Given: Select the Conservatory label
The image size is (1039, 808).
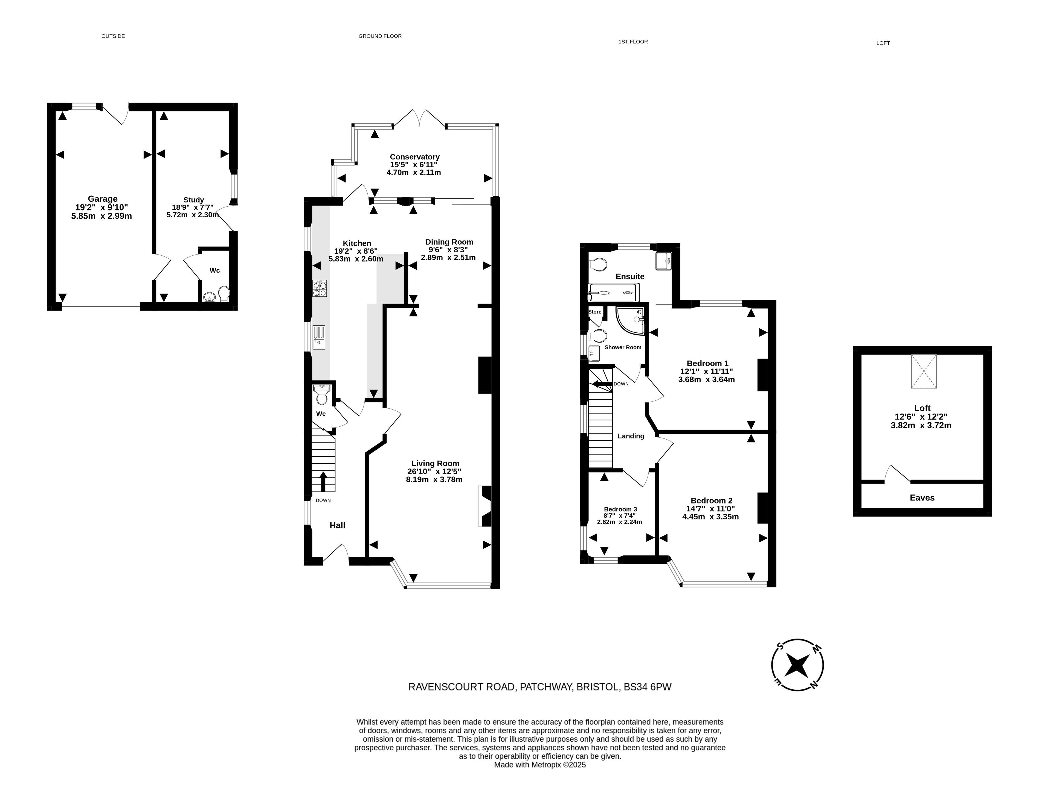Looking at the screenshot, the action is (414, 157).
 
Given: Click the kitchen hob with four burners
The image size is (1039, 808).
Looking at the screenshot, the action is (320, 288).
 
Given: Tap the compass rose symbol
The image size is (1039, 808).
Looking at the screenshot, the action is (797, 664).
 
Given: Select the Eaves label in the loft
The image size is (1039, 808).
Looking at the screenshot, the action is (922, 498).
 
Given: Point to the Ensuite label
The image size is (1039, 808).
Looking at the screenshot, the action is (630, 277).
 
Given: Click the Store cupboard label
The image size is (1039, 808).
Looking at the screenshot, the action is (595, 312).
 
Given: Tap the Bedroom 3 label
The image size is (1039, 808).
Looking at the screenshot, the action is (620, 509).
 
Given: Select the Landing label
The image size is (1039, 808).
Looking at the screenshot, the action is (631, 436).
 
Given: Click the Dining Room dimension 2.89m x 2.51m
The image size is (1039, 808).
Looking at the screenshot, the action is (448, 257).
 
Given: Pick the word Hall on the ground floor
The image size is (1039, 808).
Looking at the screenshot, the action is (337, 525).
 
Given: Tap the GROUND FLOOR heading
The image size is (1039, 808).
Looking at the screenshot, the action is (380, 36).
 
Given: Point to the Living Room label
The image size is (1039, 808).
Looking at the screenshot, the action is (435, 463).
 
